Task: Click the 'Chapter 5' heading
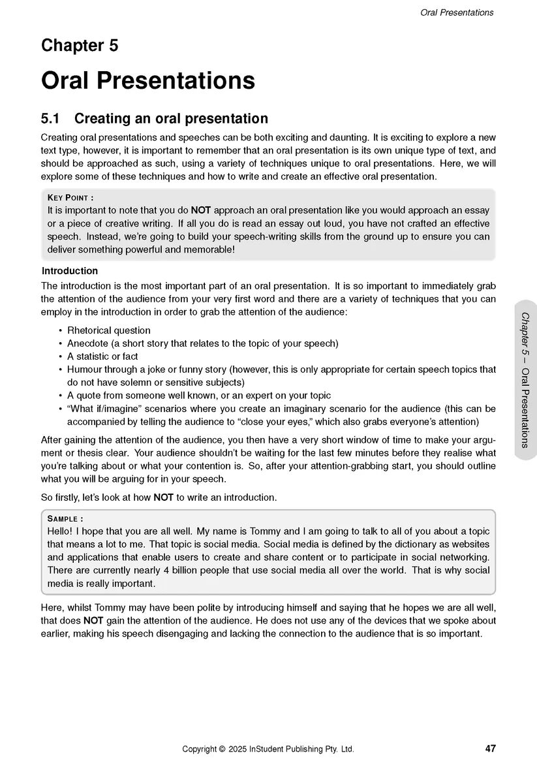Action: [80, 46]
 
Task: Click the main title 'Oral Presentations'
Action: [147, 80]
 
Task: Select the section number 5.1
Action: [50, 119]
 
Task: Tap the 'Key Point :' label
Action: [70, 197]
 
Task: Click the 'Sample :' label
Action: [65, 518]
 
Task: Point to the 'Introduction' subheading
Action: [70, 271]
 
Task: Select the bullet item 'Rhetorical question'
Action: [109, 330]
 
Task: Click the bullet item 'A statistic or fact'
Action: [102, 356]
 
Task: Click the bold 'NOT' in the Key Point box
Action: [200, 210]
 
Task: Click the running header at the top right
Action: [457, 12]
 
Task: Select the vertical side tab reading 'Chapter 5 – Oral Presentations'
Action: [525, 380]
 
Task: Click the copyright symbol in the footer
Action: [222, 749]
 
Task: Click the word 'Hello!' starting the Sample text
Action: [60, 531]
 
